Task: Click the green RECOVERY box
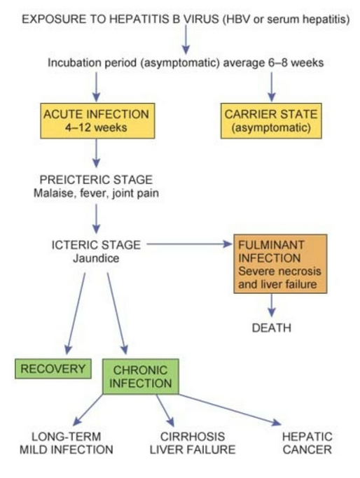click(x=53, y=369)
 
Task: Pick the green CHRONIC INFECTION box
click(x=141, y=376)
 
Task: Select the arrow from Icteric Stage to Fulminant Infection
click(x=189, y=244)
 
